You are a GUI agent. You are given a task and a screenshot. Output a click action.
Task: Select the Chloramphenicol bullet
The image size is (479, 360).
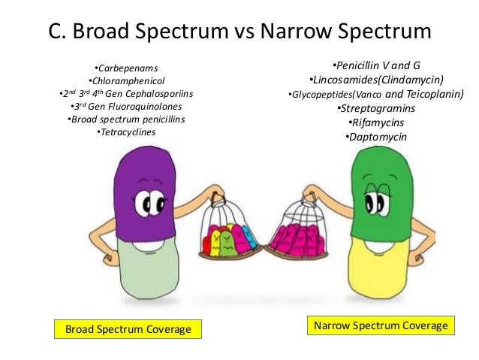127,81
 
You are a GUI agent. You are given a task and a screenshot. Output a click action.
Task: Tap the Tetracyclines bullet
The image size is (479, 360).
127,132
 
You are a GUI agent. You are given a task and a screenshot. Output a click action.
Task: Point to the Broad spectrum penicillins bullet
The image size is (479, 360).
126,119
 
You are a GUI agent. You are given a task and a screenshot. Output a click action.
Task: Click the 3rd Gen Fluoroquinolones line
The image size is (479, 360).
127,107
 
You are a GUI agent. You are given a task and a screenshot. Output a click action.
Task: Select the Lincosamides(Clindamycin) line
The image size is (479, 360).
376,80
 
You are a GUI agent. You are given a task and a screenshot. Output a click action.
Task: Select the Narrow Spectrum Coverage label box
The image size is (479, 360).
381,325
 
